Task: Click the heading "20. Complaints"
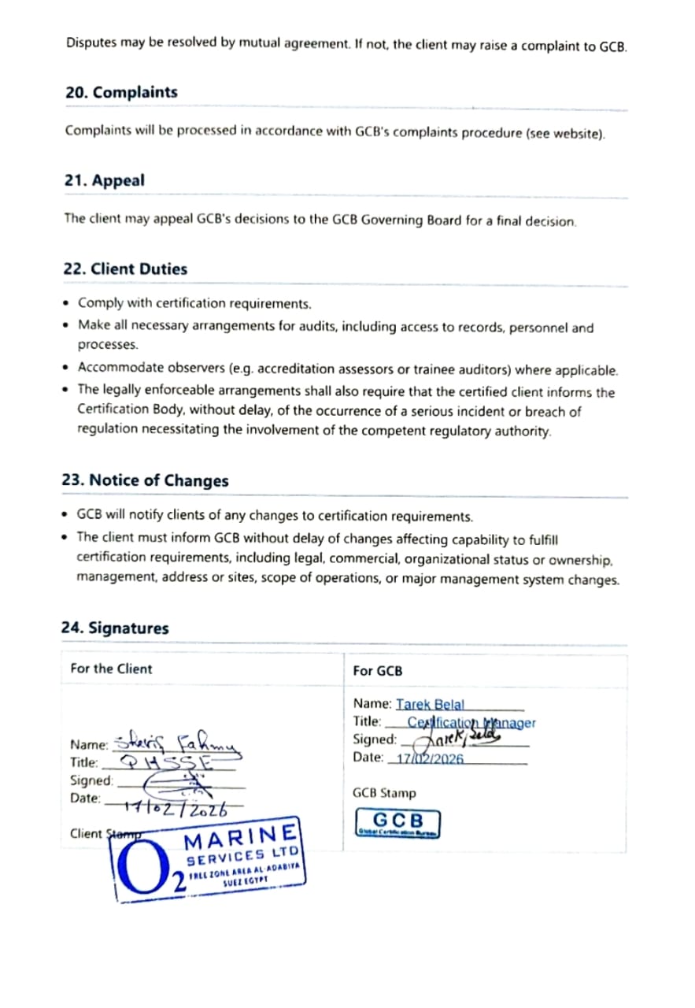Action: point(121,92)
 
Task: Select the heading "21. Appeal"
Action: point(104,180)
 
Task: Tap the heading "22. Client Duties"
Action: point(125,269)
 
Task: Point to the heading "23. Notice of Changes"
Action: point(145,480)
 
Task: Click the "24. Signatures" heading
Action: point(115,628)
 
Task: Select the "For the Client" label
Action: point(111,669)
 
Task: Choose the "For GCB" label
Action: point(378,671)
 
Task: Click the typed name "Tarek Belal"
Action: point(431,704)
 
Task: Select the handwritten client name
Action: point(178,742)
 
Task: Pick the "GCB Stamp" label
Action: point(385,793)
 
